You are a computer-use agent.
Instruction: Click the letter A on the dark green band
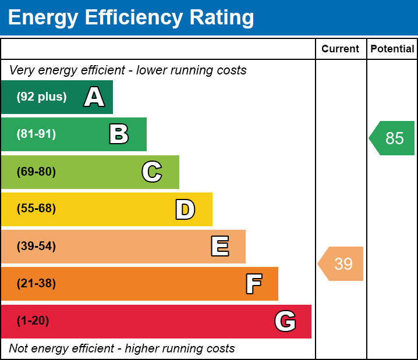point(94,97)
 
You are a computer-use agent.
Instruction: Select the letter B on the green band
point(119,134)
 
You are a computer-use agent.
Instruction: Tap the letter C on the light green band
point(152,172)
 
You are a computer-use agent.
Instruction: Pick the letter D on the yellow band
point(185,209)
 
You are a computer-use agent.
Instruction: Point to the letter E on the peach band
point(219,247)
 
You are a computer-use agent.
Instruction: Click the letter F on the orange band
point(253,284)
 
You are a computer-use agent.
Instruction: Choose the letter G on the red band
point(285,321)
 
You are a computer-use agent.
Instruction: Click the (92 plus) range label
point(41,97)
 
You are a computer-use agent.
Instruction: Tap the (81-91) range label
point(36,134)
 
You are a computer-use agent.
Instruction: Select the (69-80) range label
point(36,172)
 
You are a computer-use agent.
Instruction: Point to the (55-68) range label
point(36,209)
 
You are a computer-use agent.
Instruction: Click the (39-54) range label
point(36,247)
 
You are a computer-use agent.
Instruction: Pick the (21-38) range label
point(36,284)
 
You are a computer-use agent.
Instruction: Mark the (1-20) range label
point(33,321)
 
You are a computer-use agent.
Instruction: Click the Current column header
point(341,49)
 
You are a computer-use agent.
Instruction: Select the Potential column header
point(392,49)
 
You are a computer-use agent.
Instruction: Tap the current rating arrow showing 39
point(342,264)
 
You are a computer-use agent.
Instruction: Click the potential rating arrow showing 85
point(393,138)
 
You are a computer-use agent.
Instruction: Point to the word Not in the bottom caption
point(19,349)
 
